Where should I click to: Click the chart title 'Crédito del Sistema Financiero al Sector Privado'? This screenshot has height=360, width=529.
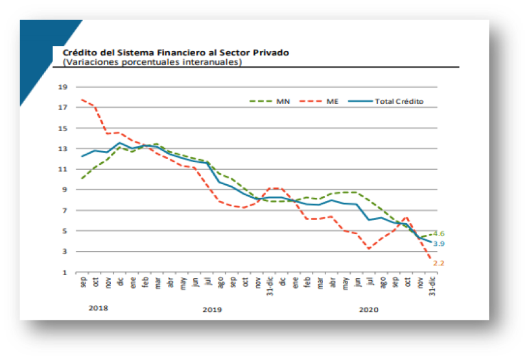click(176, 53)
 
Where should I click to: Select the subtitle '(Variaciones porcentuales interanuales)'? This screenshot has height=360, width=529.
click(152, 62)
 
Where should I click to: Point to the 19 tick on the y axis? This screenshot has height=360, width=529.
click(63, 87)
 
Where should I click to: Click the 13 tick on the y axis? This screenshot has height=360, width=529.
click(63, 149)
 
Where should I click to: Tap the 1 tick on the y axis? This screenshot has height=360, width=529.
click(64, 272)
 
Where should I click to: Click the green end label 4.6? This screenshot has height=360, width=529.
click(438, 234)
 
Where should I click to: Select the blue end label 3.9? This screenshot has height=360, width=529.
click(438, 244)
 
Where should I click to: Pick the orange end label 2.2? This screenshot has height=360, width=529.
click(438, 263)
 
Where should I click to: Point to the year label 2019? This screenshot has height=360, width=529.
click(212, 309)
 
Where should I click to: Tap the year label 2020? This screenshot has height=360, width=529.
click(369, 309)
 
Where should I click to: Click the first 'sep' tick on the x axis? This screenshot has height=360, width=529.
click(82, 283)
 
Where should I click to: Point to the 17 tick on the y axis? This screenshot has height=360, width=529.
click(63, 108)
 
